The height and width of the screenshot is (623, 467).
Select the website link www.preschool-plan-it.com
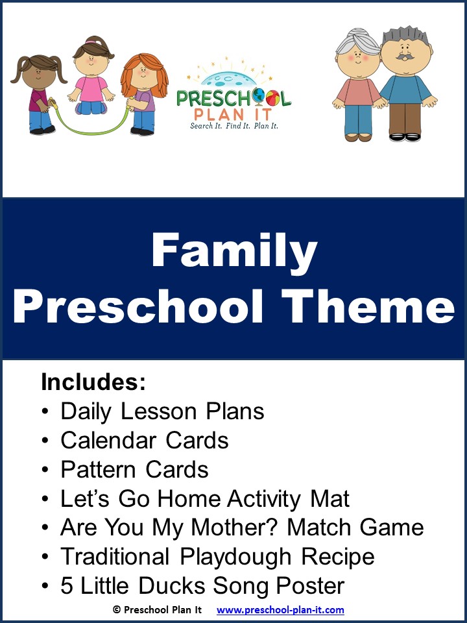pyautogui.click(x=280, y=610)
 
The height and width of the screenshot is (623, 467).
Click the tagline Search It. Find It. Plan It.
pyautogui.click(x=233, y=125)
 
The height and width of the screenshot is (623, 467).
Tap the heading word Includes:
pyautogui.click(x=93, y=383)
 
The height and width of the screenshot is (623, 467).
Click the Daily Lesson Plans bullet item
pyautogui.click(x=162, y=411)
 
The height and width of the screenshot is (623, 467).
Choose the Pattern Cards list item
pyautogui.click(x=134, y=470)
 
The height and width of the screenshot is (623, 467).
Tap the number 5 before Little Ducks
pyautogui.click(x=66, y=586)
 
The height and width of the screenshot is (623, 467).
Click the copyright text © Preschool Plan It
pyautogui.click(x=156, y=610)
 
